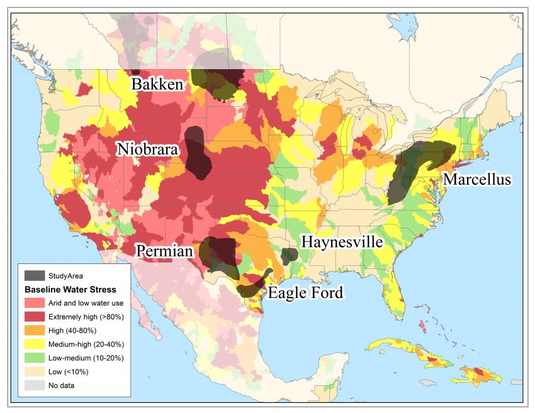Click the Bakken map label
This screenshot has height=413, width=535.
pos(157,84)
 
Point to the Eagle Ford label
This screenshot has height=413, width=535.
pos(306,293)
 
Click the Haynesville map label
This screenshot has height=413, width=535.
pos(341,242)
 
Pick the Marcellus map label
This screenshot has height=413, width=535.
pos(477,180)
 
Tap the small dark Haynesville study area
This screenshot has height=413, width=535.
pos(290,255)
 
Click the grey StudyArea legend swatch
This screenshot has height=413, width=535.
pos(35,275)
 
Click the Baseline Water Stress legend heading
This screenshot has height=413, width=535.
pos(70,290)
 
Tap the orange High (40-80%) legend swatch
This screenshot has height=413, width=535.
pos(35,330)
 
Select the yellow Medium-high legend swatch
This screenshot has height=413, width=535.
pos(35,344)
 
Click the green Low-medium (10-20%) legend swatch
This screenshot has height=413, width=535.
pos(35,358)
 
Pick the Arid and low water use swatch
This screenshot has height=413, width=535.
pos(35,303)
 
